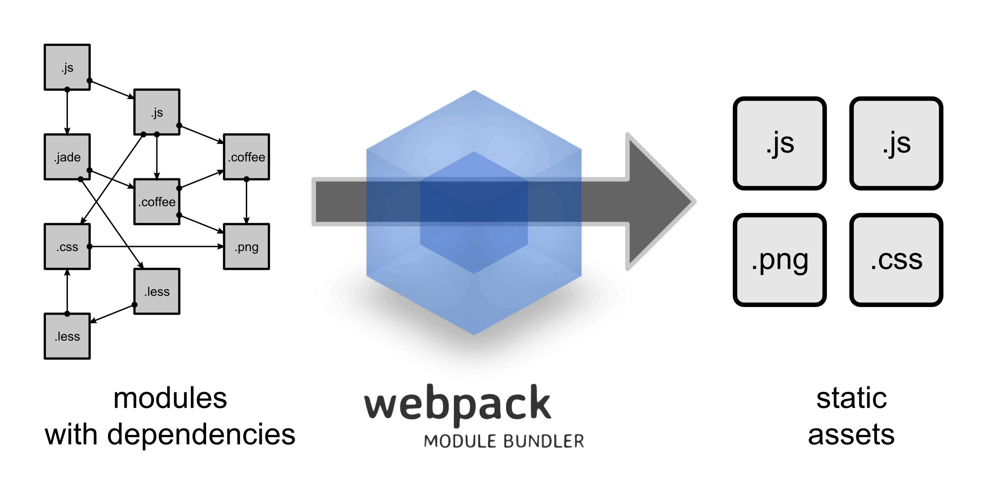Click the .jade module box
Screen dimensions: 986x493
click(68, 157)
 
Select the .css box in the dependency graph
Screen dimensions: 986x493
click(68, 247)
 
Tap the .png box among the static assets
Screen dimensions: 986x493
click(780, 260)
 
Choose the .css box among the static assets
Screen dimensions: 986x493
click(896, 260)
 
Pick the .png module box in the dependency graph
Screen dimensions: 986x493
click(247, 247)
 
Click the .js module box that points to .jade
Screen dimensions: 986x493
click(68, 68)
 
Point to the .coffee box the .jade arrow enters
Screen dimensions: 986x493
click(157, 202)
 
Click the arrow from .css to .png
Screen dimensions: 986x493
click(156, 247)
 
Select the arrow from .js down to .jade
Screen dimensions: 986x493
click(68, 112)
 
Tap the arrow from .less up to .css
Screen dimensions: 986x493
click(68, 291)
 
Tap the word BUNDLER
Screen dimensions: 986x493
click(544, 441)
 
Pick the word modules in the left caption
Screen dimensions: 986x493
click(170, 398)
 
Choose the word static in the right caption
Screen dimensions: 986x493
click(852, 398)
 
